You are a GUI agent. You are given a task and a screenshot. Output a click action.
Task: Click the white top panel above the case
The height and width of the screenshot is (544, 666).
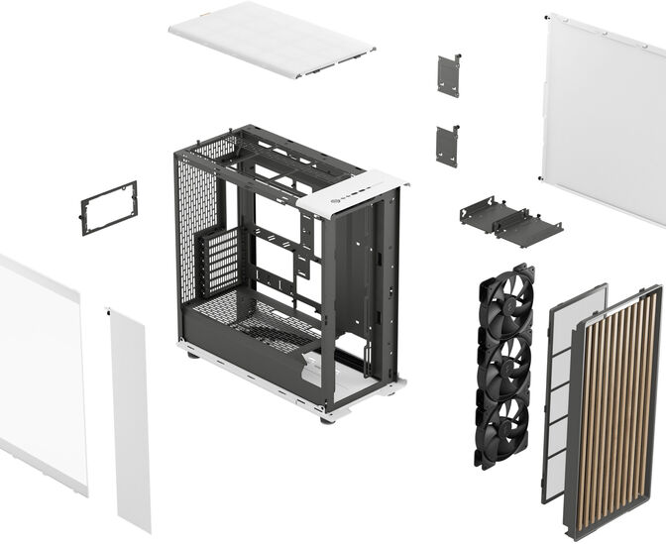270,39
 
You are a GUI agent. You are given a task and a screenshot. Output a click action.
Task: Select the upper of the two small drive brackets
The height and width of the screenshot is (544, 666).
448,76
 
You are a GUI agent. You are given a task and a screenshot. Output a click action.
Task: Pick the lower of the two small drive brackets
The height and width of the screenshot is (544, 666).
446,146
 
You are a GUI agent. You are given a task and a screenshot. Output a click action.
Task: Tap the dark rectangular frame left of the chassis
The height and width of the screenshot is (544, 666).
108,207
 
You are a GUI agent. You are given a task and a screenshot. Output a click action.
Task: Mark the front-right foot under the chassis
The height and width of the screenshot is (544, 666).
327,417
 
